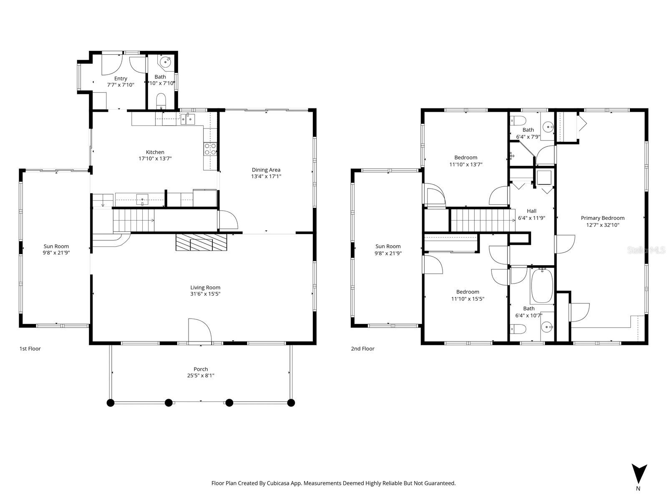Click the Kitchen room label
[155, 152]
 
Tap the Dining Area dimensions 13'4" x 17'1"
[266, 176]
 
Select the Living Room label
[205, 287]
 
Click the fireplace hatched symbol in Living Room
[201, 242]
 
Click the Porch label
[201, 369]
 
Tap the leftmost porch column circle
[111, 403]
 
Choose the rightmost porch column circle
[291, 403]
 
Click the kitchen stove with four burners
[210, 149]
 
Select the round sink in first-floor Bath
[166, 63]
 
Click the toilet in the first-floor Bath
[161, 101]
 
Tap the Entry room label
[121, 78]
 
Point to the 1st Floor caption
[30, 349]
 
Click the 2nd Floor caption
[362, 349]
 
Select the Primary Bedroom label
[602, 218]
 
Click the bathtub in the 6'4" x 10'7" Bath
[541, 286]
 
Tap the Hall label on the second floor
[531, 211]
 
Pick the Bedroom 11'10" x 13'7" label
[466, 158]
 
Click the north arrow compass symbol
[639, 474]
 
